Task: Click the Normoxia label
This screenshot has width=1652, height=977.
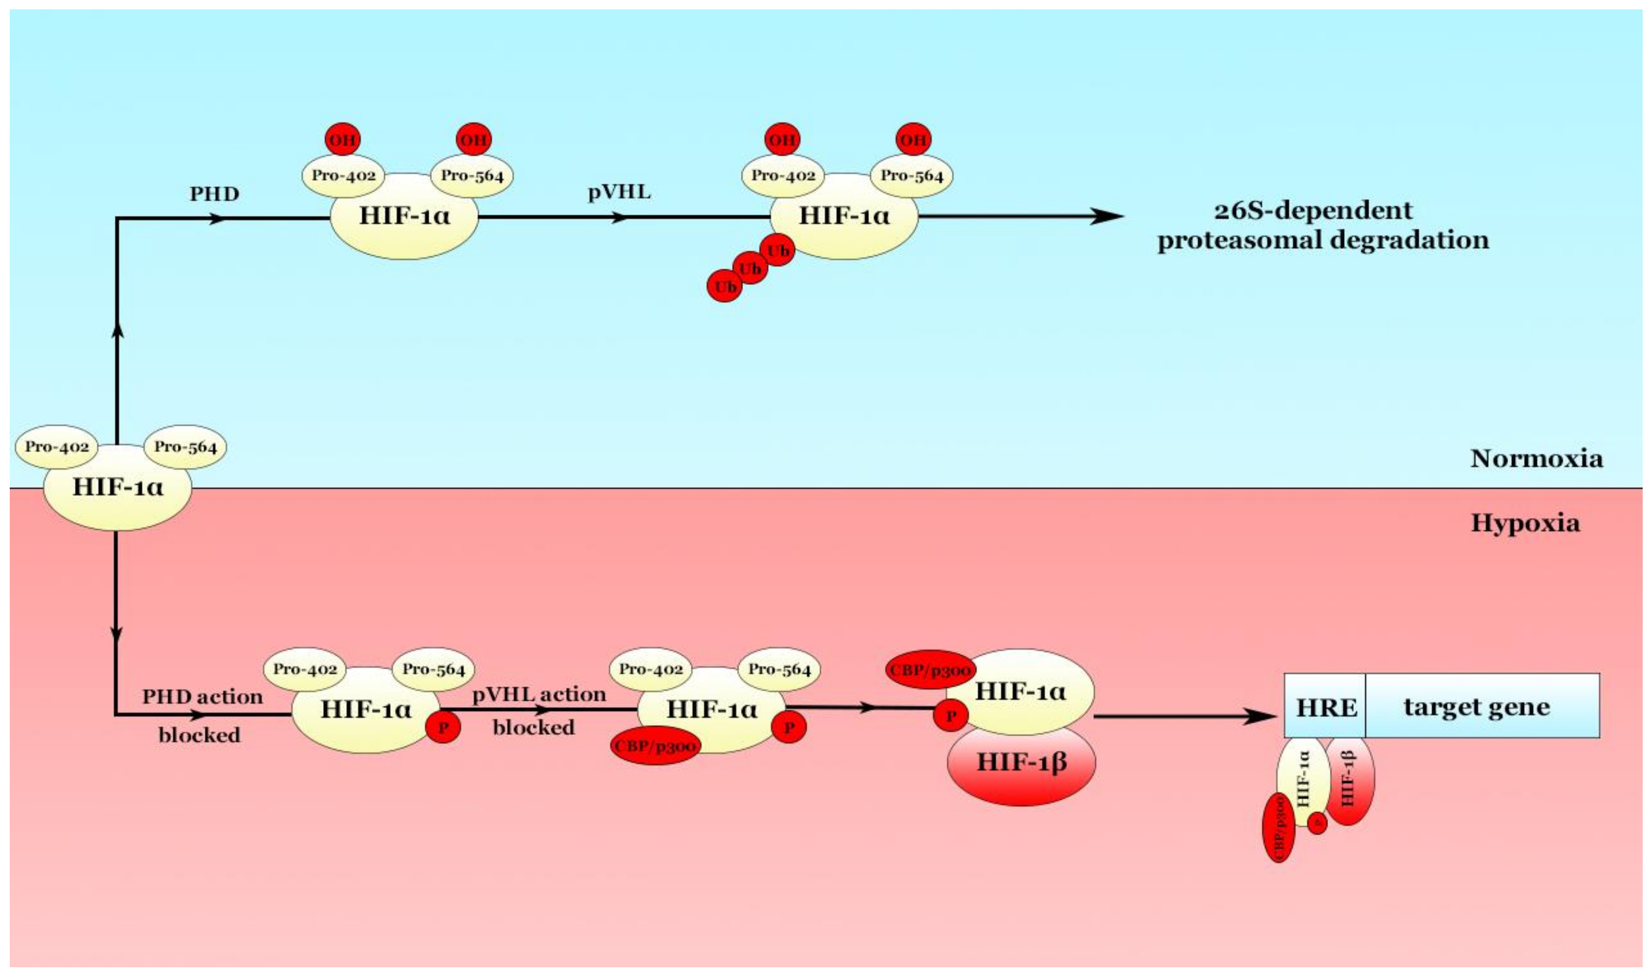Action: click(1536, 459)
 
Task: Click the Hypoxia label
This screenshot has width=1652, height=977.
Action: click(1525, 524)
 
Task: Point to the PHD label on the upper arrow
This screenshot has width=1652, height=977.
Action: click(214, 194)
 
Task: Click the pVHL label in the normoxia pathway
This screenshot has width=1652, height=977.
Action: click(619, 192)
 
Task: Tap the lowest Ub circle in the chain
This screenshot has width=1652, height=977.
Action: click(725, 287)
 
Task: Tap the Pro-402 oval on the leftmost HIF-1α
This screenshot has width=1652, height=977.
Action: click(57, 447)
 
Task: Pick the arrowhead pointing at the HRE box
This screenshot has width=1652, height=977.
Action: click(1260, 717)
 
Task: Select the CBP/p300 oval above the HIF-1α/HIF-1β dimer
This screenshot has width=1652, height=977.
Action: click(930, 671)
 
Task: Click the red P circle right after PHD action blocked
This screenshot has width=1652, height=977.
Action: click(444, 727)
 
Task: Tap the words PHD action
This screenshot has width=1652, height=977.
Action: click(202, 697)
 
